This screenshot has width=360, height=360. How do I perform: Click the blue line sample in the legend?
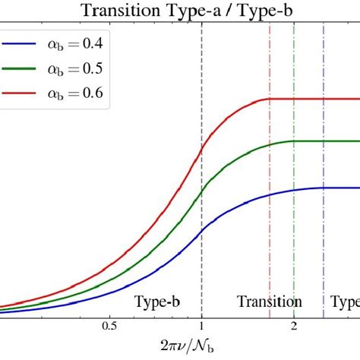point(23,43)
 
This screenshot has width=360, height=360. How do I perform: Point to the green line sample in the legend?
point(23,68)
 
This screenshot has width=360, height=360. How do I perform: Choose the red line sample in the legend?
point(23,93)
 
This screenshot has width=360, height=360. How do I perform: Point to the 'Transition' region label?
point(269,302)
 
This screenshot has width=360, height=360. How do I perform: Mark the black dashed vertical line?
point(201,228)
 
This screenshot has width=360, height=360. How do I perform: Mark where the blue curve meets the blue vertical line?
point(324,188)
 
